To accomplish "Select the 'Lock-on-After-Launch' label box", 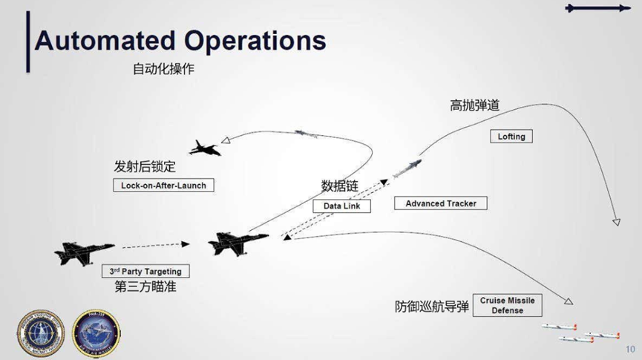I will point(163,185).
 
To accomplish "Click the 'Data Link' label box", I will point(341,206).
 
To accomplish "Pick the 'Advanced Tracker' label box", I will point(441,203).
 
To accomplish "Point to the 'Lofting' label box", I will point(511,137).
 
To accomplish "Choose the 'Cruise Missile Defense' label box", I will point(507,305).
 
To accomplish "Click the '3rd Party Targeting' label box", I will point(145,272).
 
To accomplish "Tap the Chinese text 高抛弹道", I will point(474,105).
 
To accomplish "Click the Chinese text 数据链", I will point(339,186).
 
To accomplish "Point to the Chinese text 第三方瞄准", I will point(145,287).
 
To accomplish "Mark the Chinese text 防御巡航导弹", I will point(432,306).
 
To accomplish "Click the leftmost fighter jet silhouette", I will point(83,252).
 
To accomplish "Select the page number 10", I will point(630,349).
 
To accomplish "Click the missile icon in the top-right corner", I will point(596,8).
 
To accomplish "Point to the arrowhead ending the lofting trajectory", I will point(616,221).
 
